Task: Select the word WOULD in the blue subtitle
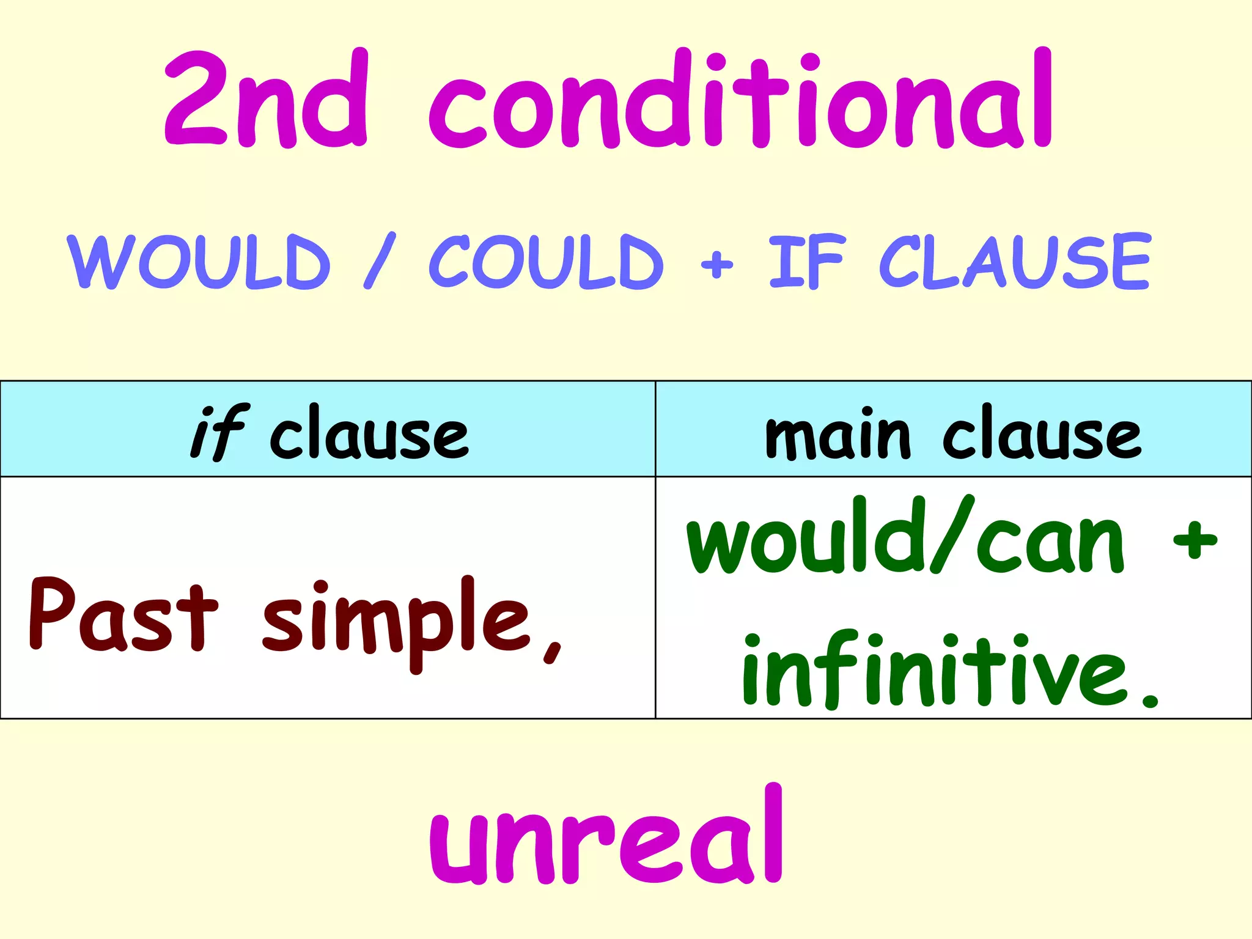coord(199,262)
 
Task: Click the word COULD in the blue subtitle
coord(546,262)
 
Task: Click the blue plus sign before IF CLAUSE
coord(716,264)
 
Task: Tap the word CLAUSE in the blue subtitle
coord(1015,262)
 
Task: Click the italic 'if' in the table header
coord(219,433)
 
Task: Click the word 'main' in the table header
coord(838,435)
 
